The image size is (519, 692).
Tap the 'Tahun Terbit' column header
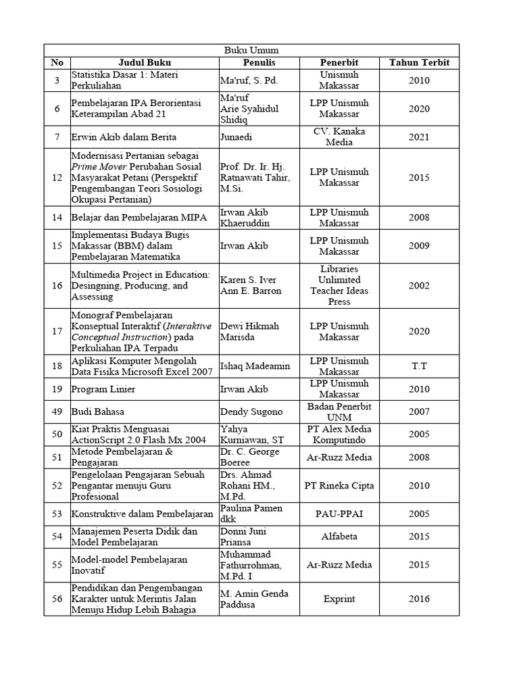(x=418, y=63)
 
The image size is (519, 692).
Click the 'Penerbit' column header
(x=339, y=63)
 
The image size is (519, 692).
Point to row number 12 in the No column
(x=57, y=177)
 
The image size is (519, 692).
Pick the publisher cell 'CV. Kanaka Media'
(x=339, y=137)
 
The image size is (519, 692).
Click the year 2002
(x=418, y=286)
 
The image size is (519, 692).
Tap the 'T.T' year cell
(x=418, y=366)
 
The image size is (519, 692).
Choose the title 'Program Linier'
(x=101, y=389)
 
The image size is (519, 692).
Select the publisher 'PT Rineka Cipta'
(x=339, y=485)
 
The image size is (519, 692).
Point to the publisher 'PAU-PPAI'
(x=339, y=514)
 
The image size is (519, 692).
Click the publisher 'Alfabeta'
(x=339, y=537)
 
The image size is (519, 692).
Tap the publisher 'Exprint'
(x=339, y=599)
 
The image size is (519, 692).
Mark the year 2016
(x=418, y=599)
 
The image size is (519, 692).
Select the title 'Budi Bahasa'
(x=97, y=412)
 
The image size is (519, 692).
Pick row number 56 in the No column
(x=57, y=599)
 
